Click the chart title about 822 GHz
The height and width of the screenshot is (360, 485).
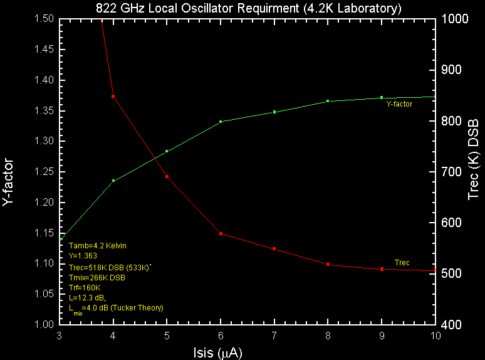[x=248, y=8]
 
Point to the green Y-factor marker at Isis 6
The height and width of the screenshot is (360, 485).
[x=221, y=122]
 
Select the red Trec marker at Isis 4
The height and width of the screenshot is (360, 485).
[x=113, y=96]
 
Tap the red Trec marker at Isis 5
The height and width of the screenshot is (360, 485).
[x=167, y=176]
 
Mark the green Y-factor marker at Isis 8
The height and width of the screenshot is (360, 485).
[x=328, y=101]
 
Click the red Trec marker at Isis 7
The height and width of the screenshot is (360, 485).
[x=274, y=249]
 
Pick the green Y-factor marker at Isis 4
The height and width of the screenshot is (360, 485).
[x=113, y=181]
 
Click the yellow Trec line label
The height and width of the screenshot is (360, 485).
[x=402, y=262]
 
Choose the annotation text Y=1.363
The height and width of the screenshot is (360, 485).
[x=83, y=256]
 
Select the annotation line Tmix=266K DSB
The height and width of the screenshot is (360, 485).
[x=96, y=277]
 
